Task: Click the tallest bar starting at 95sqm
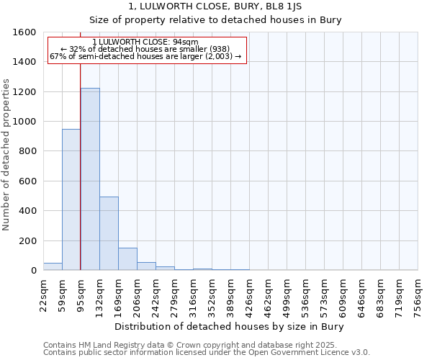(90, 179)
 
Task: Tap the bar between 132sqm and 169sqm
(109, 233)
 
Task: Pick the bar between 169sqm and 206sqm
(127, 259)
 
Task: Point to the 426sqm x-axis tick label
(250, 296)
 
